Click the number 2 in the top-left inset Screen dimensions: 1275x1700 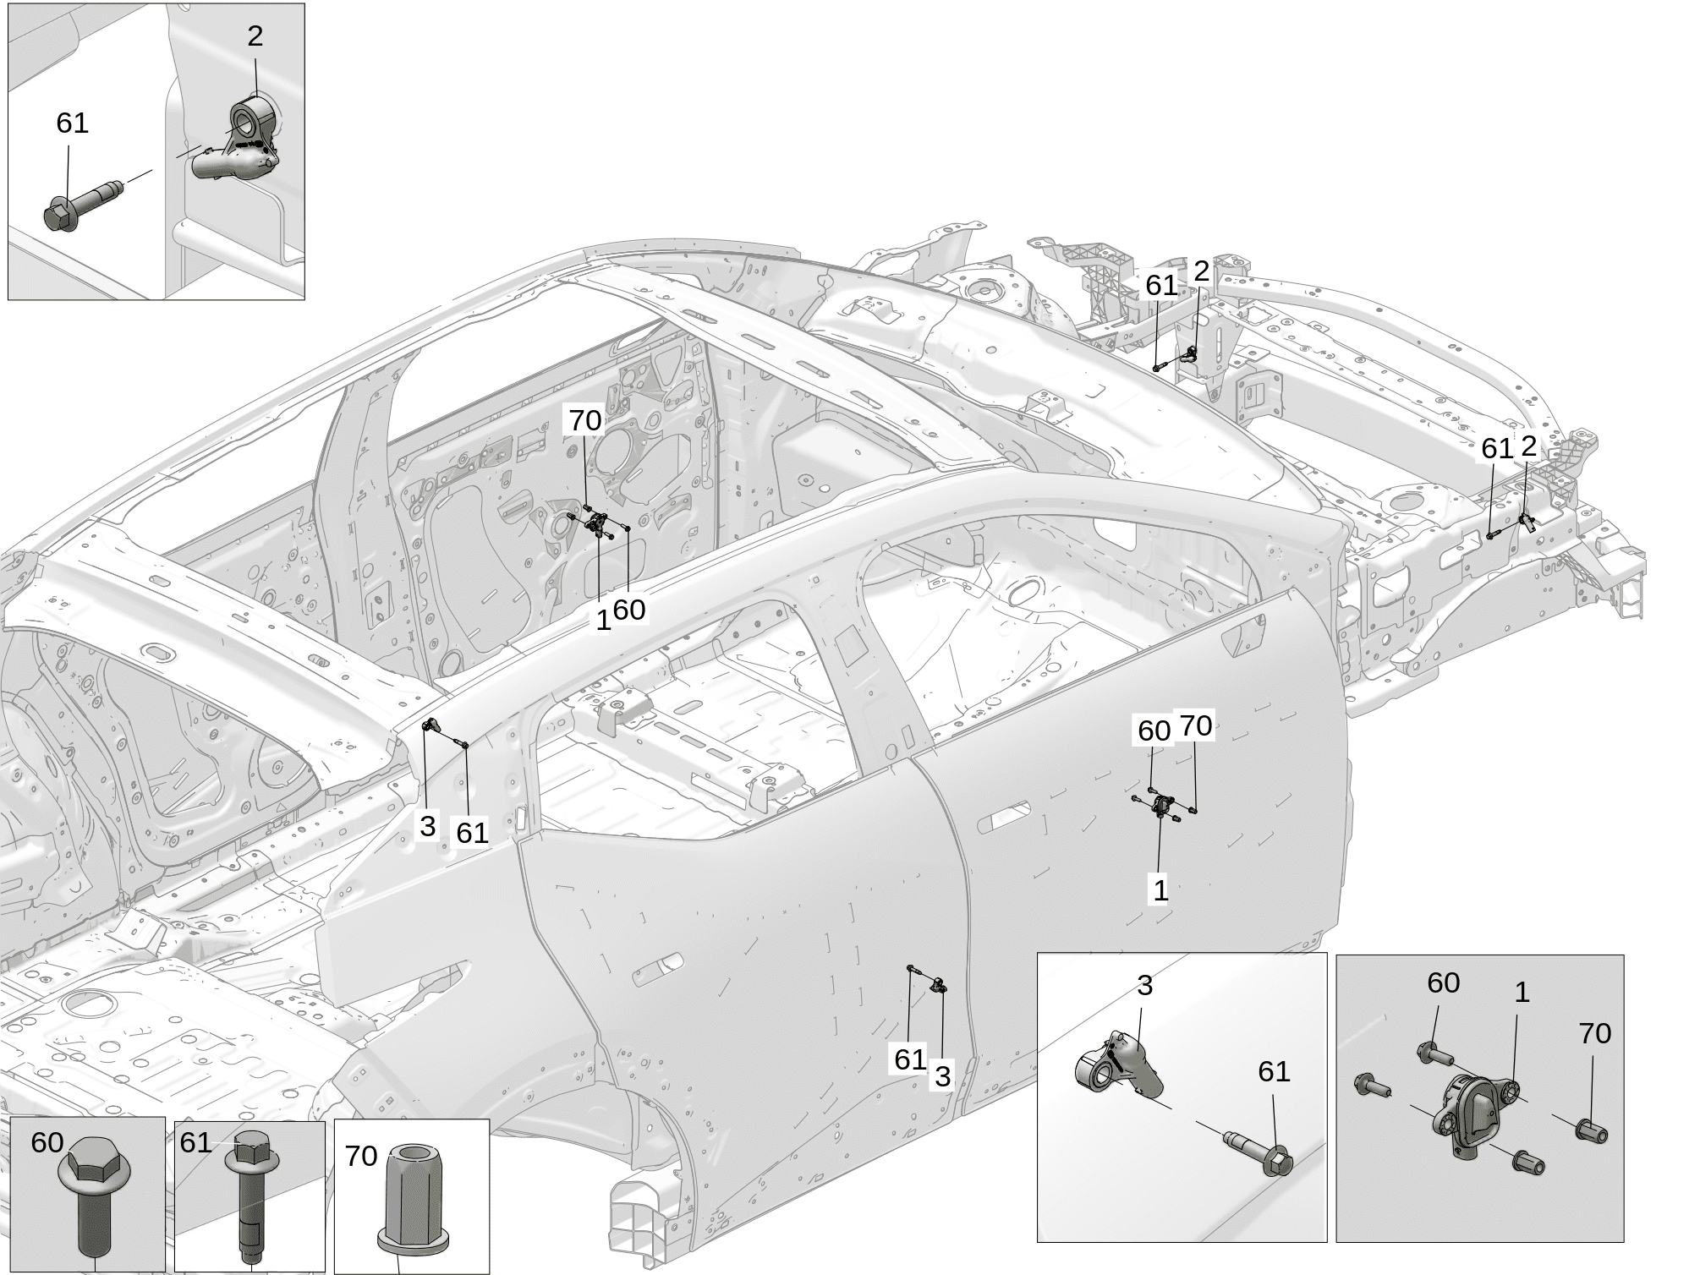pos(255,36)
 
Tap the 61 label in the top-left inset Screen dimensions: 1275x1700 pos(72,123)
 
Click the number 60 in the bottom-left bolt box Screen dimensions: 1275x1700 pos(47,1143)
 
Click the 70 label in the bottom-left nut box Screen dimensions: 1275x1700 pos(361,1156)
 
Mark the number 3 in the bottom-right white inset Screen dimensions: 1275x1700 pos(1144,985)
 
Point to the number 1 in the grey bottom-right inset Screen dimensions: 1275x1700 pos(1522,993)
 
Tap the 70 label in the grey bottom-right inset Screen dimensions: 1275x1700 pos(1594,1033)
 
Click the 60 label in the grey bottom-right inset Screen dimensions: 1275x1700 pos(1443,982)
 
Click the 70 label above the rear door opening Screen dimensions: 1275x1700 pos(584,420)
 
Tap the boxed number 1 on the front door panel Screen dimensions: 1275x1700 pos(1160,889)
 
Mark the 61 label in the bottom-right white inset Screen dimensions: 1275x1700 pos(1274,1072)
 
